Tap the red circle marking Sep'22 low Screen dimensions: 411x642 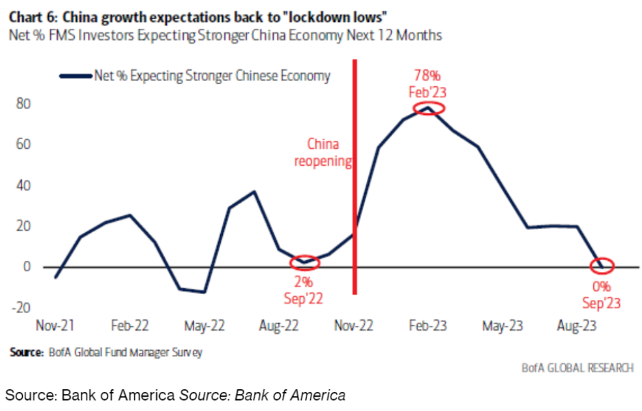(x=305, y=261)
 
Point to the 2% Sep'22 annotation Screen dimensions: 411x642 (x=303, y=290)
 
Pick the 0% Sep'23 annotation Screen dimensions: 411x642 (x=603, y=295)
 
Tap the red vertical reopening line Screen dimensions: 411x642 (x=355, y=206)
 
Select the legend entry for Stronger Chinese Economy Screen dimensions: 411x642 (x=196, y=76)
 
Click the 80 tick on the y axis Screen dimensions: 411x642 (x=23, y=104)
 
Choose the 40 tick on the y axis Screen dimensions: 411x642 (x=23, y=186)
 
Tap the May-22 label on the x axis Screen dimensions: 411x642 (x=204, y=325)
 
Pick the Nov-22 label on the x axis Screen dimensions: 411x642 (x=354, y=325)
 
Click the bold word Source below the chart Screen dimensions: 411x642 (x=27, y=353)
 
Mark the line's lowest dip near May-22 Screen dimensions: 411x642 (x=204, y=292)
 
